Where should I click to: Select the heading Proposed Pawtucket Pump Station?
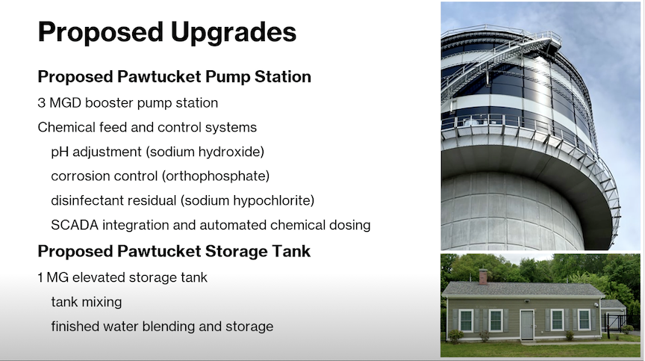[x=175, y=77]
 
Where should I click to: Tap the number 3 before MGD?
[x=41, y=103]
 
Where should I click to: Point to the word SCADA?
[x=75, y=225]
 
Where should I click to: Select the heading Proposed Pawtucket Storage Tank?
[x=174, y=252]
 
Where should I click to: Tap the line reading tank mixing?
[x=87, y=302]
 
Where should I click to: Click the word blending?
[x=169, y=327]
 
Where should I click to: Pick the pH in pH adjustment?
[x=60, y=152]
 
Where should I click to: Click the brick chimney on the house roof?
[x=483, y=277]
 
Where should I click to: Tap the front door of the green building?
[x=526, y=325]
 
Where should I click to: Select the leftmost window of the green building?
[x=466, y=320]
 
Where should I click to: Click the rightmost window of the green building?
[x=584, y=319]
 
